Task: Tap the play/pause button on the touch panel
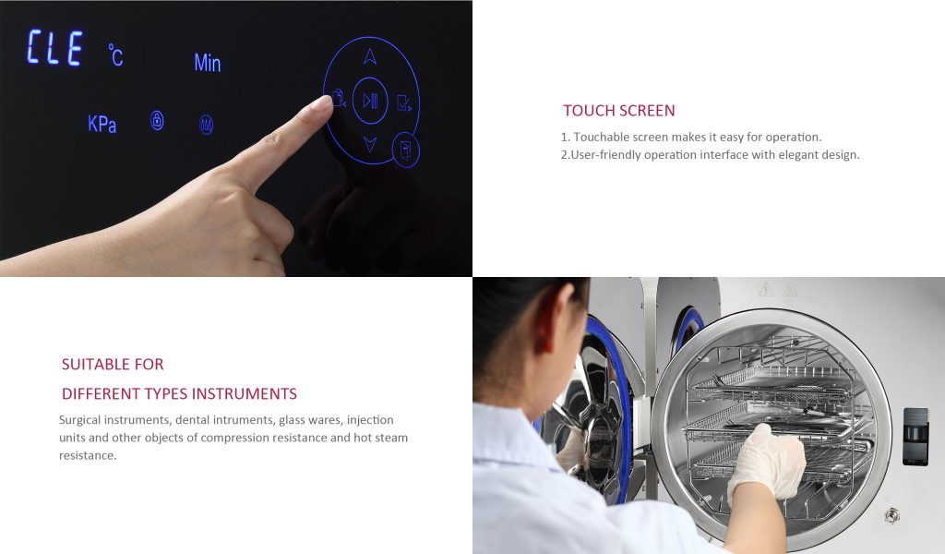(x=370, y=101)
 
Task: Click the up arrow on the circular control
(x=370, y=56)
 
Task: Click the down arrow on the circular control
(x=370, y=144)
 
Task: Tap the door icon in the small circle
(x=406, y=150)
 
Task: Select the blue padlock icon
(x=157, y=121)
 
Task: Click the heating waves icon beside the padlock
(x=206, y=125)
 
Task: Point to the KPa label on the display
(x=102, y=124)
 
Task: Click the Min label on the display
(x=208, y=63)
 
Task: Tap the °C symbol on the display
(x=115, y=54)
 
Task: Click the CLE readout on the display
(x=54, y=47)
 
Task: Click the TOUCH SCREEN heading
(x=619, y=110)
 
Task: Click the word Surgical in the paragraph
(x=79, y=420)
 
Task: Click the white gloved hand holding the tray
(x=766, y=462)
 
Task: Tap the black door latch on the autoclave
(x=915, y=437)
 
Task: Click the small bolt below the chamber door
(x=891, y=515)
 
